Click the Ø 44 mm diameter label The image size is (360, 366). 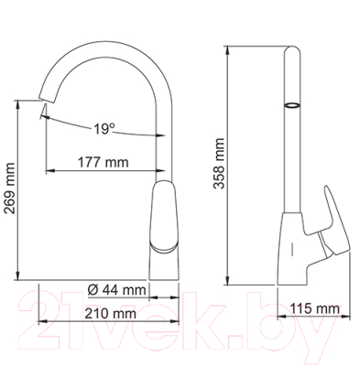click(117, 290)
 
